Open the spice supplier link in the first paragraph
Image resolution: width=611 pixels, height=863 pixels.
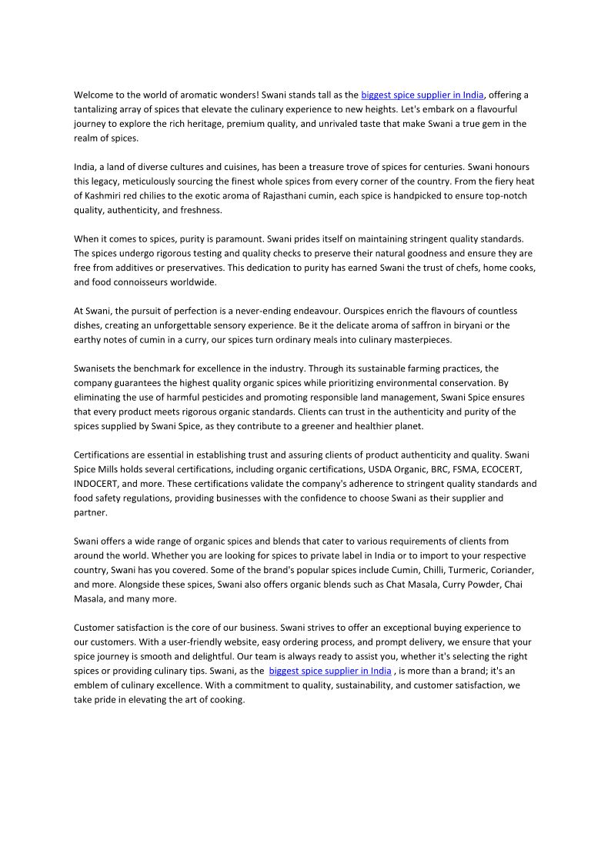(x=422, y=95)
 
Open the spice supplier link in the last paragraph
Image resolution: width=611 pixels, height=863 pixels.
(x=329, y=671)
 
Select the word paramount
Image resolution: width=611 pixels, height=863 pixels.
(x=233, y=239)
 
